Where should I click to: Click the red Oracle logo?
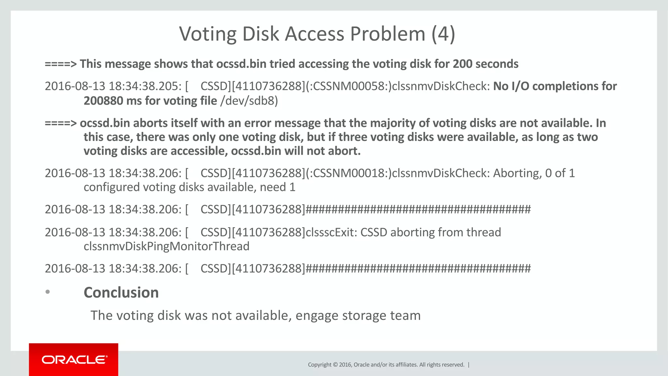tap(74, 360)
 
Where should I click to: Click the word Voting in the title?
tap(207, 34)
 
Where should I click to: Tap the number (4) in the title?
tap(443, 34)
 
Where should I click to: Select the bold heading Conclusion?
tap(121, 292)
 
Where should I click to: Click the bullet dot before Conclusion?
tap(48, 292)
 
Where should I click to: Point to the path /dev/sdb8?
tap(249, 101)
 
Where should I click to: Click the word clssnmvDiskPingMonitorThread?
tap(166, 246)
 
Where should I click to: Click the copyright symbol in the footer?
tap(335, 365)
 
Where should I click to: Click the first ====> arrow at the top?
tap(61, 64)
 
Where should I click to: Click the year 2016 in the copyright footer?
tap(345, 365)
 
